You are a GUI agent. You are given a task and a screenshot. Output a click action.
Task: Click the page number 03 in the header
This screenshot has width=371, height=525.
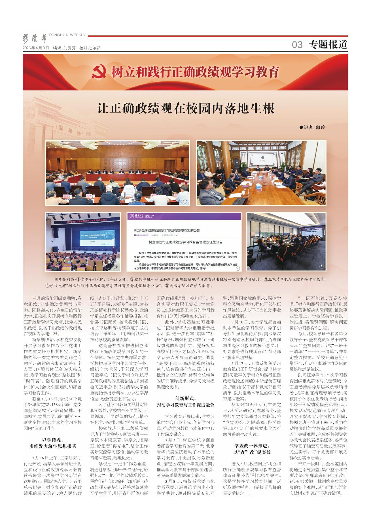[297, 45]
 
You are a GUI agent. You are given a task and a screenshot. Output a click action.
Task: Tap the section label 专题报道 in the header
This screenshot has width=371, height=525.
[328, 45]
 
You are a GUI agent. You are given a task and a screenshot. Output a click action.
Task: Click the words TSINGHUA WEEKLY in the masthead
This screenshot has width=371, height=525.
[67, 35]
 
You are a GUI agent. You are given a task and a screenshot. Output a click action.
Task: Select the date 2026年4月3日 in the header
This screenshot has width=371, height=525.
[36, 48]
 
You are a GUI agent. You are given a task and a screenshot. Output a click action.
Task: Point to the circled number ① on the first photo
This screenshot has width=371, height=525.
[185, 202]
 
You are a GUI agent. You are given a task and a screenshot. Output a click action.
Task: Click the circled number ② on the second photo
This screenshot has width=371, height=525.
[321, 202]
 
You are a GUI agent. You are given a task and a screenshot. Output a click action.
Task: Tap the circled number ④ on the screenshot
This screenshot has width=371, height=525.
[238, 268]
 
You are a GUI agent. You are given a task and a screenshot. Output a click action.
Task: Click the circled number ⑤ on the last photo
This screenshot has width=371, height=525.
[321, 267]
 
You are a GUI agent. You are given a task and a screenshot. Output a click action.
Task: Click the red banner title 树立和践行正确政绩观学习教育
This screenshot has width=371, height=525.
[195, 72]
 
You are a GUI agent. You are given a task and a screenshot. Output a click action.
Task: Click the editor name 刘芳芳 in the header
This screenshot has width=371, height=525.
[69, 48]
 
